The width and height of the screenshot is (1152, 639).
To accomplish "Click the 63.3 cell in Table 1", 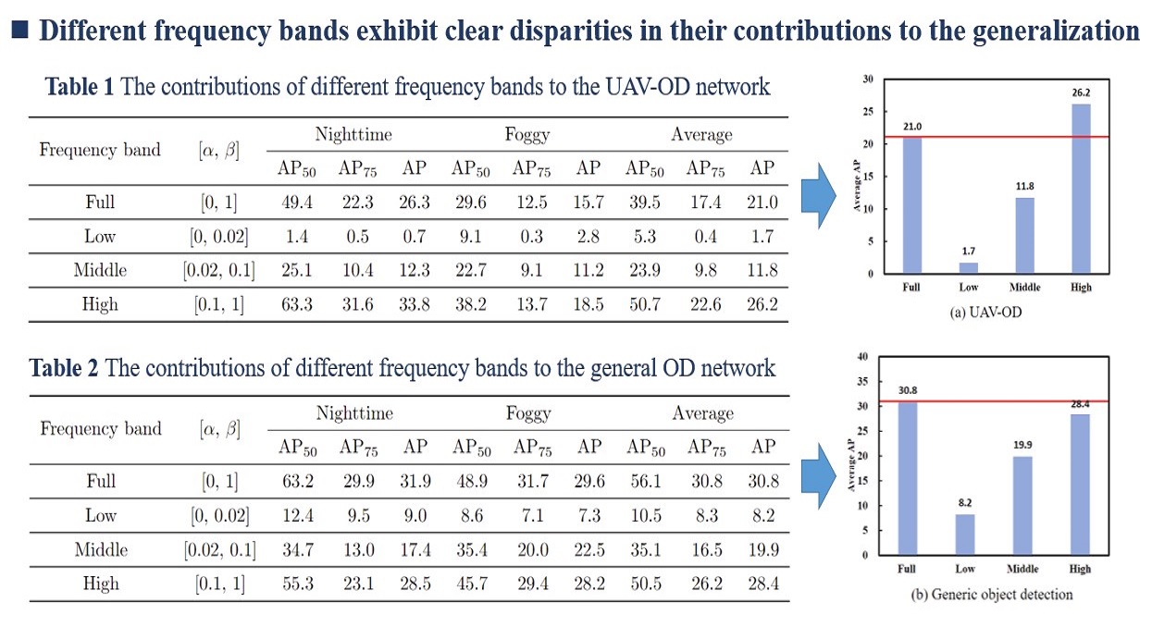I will click(294, 305).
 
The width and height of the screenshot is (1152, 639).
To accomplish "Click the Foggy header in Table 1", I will click(527, 135).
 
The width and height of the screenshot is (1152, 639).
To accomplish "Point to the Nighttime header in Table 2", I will click(353, 413).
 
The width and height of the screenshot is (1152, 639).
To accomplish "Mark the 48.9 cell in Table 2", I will click(470, 480).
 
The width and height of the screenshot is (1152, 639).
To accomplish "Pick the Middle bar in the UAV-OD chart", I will click(1022, 235).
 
